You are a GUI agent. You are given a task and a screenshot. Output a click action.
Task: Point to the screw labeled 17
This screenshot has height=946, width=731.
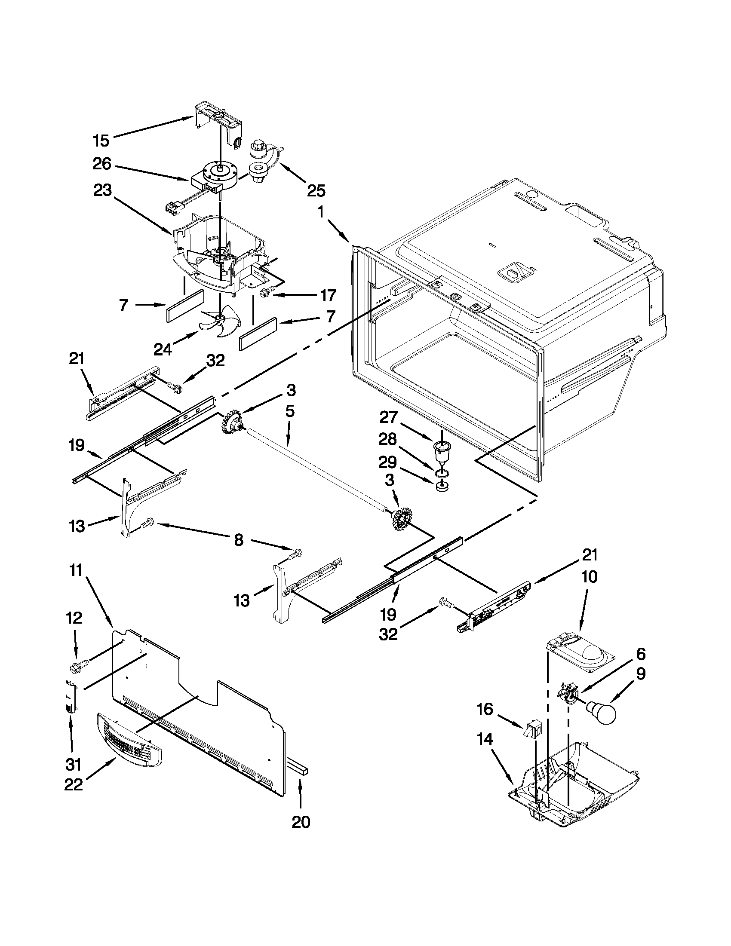(x=264, y=294)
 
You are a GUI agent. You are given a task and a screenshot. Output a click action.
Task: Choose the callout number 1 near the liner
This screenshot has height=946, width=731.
(x=320, y=212)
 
